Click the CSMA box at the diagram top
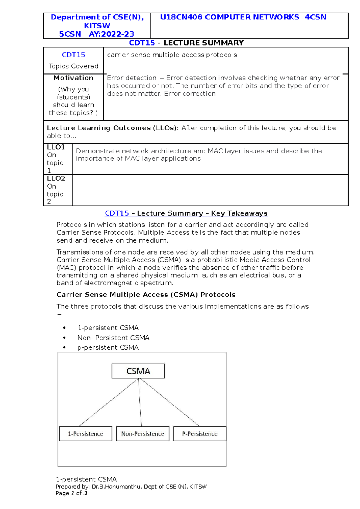(x=138, y=371)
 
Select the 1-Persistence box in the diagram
(x=85, y=433)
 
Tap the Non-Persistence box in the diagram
(x=142, y=433)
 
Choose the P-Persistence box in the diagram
(x=200, y=433)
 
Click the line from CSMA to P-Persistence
(x=169, y=402)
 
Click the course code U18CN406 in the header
(x=181, y=17)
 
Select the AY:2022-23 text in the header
(x=111, y=34)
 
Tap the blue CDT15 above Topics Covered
(x=73, y=55)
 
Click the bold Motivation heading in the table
(x=73, y=78)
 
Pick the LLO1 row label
(x=56, y=147)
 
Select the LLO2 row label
(x=56, y=178)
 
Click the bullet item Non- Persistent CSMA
(x=113, y=338)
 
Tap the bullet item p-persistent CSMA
(x=108, y=347)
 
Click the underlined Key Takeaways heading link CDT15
(x=117, y=213)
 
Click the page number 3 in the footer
(x=85, y=493)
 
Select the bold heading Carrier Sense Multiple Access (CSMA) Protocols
(x=146, y=295)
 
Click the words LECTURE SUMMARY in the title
(x=203, y=43)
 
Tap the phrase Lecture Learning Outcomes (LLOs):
(x=113, y=128)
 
